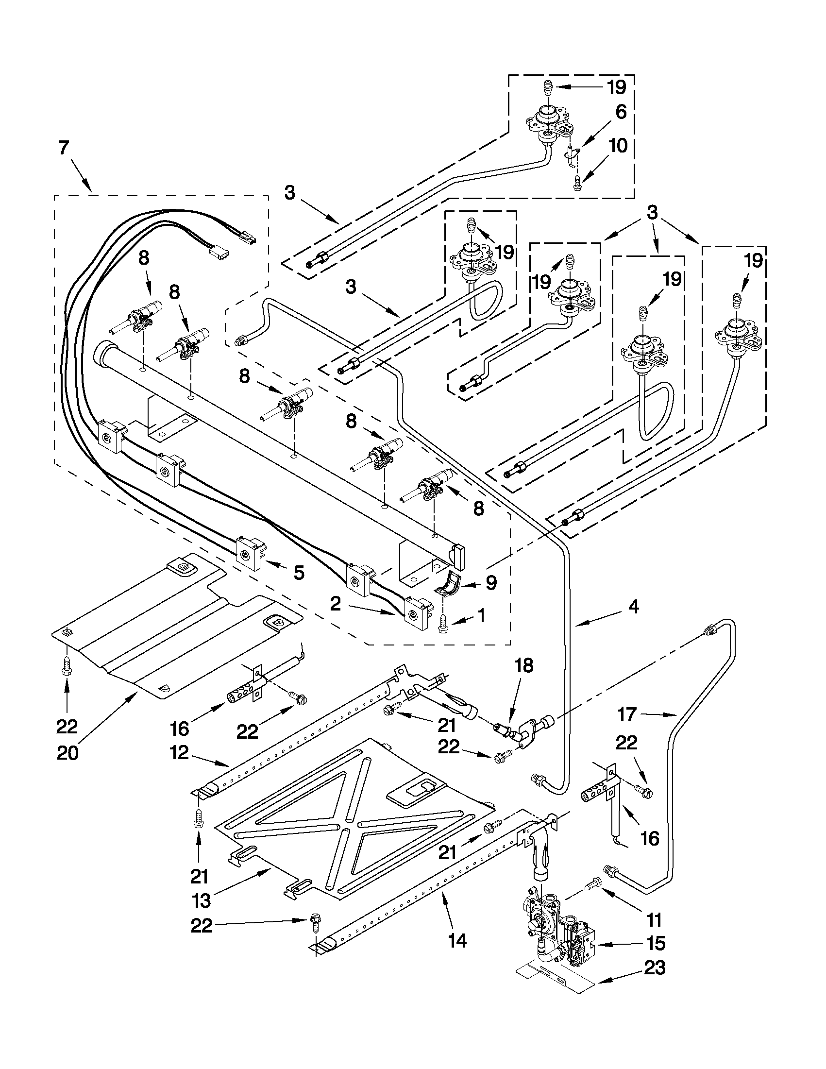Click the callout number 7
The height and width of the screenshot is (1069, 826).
(64, 148)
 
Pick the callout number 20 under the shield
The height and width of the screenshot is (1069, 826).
(67, 753)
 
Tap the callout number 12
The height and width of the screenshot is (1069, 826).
(179, 753)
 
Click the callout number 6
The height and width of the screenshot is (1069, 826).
(621, 112)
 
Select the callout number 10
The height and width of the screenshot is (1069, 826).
(618, 146)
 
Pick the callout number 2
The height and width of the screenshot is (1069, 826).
(335, 604)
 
